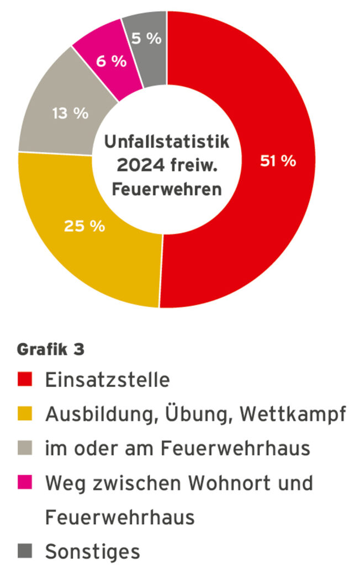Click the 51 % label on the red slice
(x=278, y=161)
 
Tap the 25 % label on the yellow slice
(x=84, y=226)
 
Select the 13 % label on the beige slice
(x=70, y=113)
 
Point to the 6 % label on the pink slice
(x=111, y=61)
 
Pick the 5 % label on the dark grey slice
(x=147, y=39)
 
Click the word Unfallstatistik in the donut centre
(x=166, y=141)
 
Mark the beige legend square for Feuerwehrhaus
(x=26, y=447)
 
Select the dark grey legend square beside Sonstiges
(x=26, y=550)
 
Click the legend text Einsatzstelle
(x=108, y=380)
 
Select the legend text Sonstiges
(x=92, y=551)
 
